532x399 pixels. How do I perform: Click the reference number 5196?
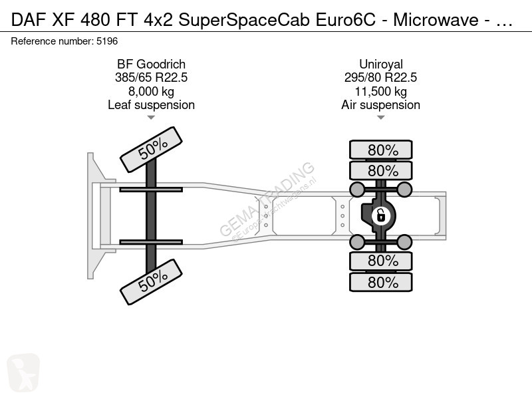coord(107,41)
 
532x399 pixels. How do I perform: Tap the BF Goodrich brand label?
coord(152,64)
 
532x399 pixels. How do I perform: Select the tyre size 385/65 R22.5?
coord(152,78)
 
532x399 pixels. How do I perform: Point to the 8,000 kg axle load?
coord(152,91)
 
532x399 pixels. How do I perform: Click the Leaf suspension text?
coord(152,105)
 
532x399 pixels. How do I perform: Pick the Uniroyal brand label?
coord(381,64)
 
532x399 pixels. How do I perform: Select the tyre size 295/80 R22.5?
coord(380,78)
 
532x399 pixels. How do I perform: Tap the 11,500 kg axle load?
coord(380,91)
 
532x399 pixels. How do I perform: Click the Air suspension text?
coord(380,105)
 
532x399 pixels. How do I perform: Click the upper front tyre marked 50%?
coord(152,150)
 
